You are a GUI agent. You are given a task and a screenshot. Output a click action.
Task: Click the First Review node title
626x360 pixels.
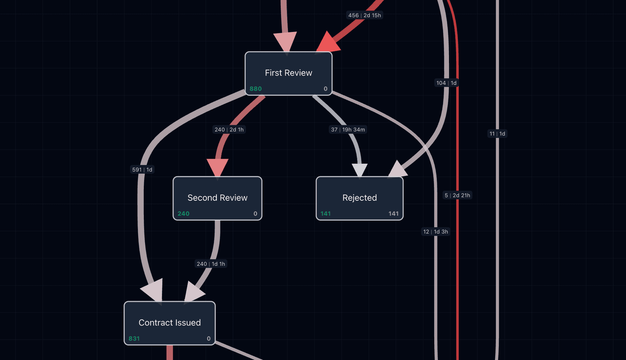click(x=288, y=73)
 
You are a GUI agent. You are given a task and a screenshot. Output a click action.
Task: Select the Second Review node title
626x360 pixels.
click(x=217, y=197)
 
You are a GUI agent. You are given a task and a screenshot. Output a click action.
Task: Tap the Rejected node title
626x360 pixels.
click(x=359, y=197)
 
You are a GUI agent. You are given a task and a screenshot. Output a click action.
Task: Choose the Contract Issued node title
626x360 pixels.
click(x=170, y=323)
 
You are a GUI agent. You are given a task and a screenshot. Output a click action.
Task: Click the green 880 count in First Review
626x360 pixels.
click(x=256, y=89)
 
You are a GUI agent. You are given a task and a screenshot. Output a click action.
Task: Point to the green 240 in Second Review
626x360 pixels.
click(x=183, y=213)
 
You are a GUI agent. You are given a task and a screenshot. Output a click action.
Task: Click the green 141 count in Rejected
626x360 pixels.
click(x=325, y=213)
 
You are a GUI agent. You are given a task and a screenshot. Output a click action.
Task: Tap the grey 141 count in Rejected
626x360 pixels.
click(x=393, y=213)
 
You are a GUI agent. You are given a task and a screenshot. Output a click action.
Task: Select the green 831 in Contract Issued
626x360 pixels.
click(x=134, y=338)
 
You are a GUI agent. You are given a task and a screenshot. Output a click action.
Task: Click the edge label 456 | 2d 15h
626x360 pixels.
click(x=364, y=15)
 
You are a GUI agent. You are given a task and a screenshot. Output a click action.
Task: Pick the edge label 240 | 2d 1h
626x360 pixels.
click(x=229, y=130)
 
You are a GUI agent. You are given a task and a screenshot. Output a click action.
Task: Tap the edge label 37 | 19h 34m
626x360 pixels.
click(x=348, y=130)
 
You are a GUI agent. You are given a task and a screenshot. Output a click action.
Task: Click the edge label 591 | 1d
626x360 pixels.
click(x=142, y=170)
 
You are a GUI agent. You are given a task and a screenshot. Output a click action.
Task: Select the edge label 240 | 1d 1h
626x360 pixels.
click(x=211, y=264)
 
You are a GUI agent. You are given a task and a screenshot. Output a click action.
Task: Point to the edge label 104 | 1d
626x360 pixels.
click(x=446, y=83)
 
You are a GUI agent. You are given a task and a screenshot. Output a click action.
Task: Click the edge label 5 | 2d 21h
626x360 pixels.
click(x=457, y=195)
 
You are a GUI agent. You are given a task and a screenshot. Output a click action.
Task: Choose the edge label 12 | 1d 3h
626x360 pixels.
click(x=435, y=232)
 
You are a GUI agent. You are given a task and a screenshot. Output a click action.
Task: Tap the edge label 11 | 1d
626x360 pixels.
click(x=497, y=134)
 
